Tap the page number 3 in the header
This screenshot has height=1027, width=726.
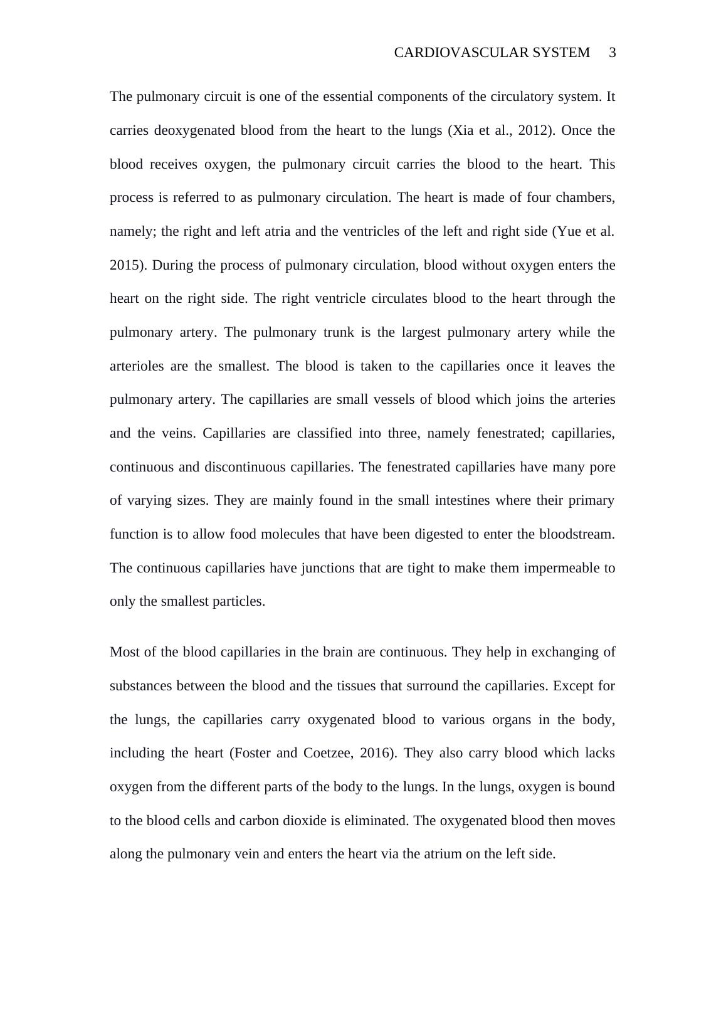[x=613, y=53]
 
